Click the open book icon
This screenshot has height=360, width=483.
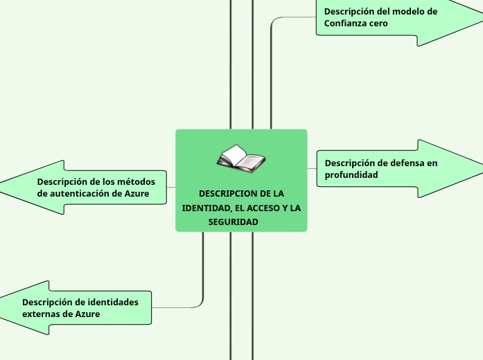[x=240, y=159]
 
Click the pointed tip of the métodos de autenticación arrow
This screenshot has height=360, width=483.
[x=2, y=187]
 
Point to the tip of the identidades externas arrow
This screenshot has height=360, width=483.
[x=2, y=307]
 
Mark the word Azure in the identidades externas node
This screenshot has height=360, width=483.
[x=87, y=314]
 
